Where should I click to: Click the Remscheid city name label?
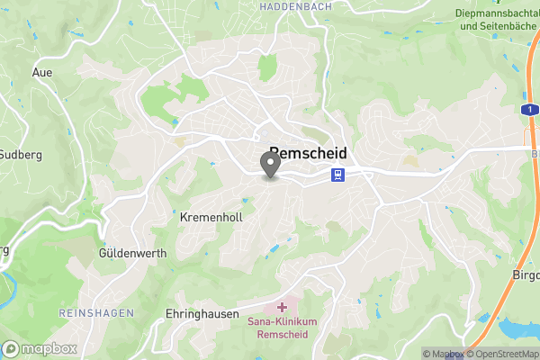pyautogui.click(x=307, y=153)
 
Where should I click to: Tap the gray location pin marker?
pyautogui.click(x=269, y=166)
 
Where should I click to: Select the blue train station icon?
pyautogui.click(x=337, y=175)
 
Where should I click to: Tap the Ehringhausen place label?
pyautogui.click(x=202, y=314)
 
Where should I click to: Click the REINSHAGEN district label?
pyautogui.click(x=96, y=311)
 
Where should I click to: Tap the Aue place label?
pyautogui.click(x=42, y=72)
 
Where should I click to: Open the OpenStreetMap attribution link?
pyautogui.click(x=502, y=354)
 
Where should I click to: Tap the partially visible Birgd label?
pyautogui.click(x=526, y=274)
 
